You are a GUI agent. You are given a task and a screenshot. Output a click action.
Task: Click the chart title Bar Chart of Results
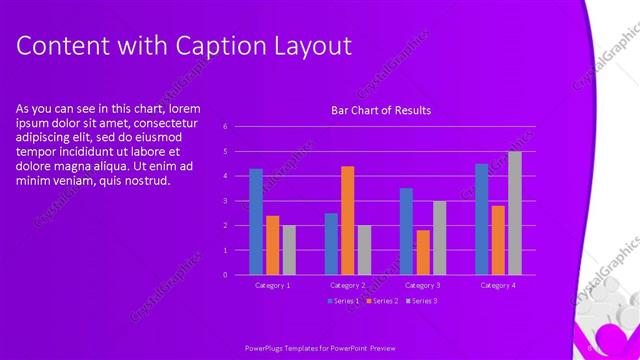pyautogui.click(x=381, y=111)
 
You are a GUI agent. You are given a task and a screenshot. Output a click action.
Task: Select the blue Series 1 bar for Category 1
pyautogui.click(x=256, y=221)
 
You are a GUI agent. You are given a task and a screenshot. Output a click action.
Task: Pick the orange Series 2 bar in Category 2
pyautogui.click(x=348, y=220)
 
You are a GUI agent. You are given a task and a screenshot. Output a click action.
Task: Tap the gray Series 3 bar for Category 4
pyautogui.click(x=514, y=213)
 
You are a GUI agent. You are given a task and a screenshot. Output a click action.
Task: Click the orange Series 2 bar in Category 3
pyautogui.click(x=423, y=252)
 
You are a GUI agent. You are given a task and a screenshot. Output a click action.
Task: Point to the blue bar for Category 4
pyautogui.click(x=481, y=219)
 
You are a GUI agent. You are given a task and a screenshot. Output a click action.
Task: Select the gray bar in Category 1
pyautogui.click(x=289, y=250)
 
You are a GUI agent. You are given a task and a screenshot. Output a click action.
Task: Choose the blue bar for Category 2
pyautogui.click(x=331, y=243)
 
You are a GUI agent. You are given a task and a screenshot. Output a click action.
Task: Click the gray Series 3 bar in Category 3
pyautogui.click(x=439, y=237)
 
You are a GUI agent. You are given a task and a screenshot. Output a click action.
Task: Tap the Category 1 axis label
pyautogui.click(x=272, y=285)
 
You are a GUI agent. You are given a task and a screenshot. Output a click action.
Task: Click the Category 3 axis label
pyautogui.click(x=423, y=285)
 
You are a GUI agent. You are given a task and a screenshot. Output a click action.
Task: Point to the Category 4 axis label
pyautogui.click(x=497, y=285)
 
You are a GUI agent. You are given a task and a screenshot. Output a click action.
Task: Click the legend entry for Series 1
pyautogui.click(x=344, y=300)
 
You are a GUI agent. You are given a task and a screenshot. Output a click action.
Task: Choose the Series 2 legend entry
pyautogui.click(x=384, y=300)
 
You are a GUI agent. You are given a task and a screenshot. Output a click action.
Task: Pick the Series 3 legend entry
pyautogui.click(x=421, y=300)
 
